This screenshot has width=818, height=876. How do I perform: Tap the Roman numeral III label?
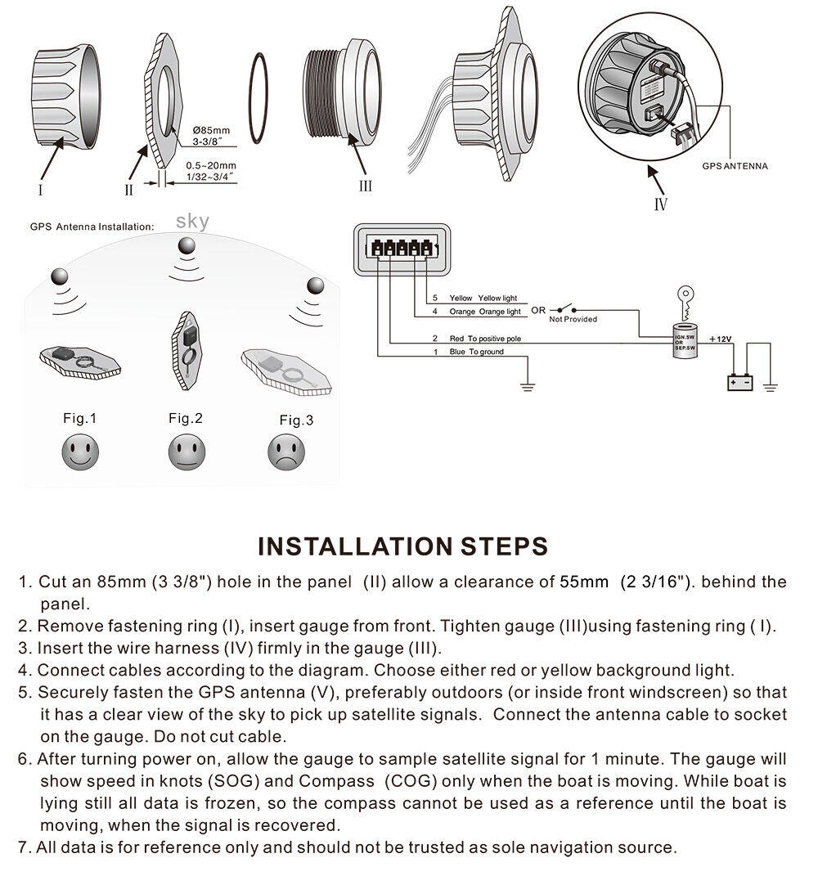coord(366,186)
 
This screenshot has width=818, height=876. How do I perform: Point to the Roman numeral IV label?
coord(661,204)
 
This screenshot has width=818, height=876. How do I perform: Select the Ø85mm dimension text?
coord(212,130)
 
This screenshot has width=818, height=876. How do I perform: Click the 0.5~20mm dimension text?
coord(211,165)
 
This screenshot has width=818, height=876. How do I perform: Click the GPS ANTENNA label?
coord(735,166)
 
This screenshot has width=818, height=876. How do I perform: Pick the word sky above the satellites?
coord(192,221)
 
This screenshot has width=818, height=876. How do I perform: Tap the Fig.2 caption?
coord(185,418)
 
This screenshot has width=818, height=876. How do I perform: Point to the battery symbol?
coord(740,381)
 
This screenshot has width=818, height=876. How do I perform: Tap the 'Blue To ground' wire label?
coord(476,352)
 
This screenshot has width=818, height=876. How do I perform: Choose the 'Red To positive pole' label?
coord(485,338)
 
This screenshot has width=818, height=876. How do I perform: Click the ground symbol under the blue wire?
coord(528,384)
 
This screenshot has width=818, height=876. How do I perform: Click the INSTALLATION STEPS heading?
coord(402,546)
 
